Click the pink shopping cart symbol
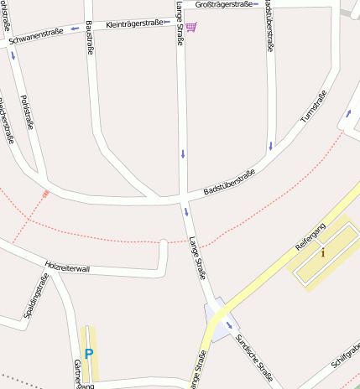(x=192, y=28)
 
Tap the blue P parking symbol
(x=88, y=355)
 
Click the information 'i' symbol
(x=322, y=251)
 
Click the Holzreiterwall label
(x=67, y=266)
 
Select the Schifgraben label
(x=345, y=357)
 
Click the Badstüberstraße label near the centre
(x=229, y=182)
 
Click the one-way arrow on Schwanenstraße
(x=75, y=29)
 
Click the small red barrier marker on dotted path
(x=46, y=193)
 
